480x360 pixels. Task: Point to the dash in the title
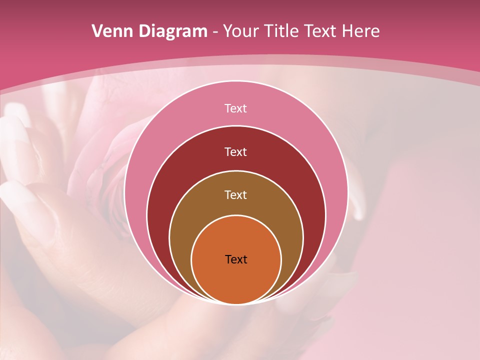coord(215,32)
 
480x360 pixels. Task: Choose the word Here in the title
coord(361,31)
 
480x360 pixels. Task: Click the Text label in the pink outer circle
coord(235,108)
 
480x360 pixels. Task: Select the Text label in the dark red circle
coord(235,151)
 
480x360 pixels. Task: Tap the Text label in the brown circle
coord(235,194)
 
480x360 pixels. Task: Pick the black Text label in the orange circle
coord(236,259)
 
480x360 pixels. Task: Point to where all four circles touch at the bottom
coord(236,303)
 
